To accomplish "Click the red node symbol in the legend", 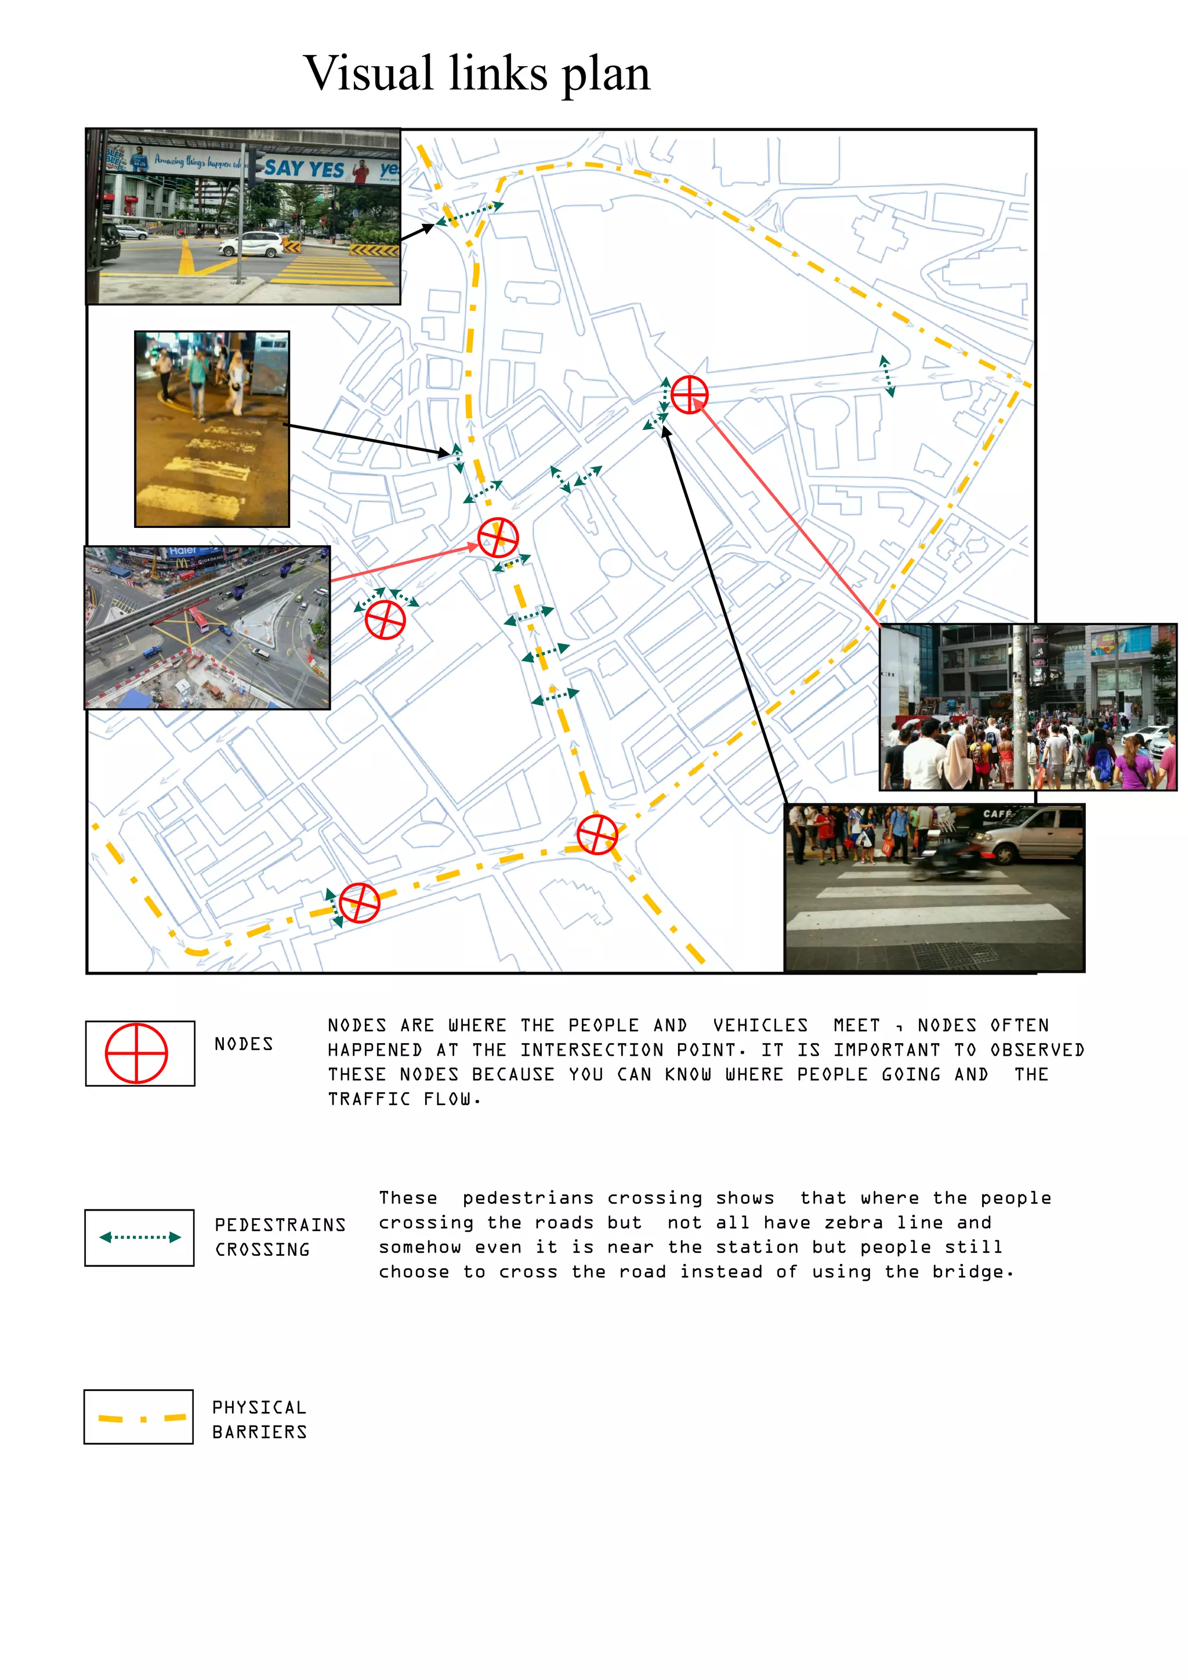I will click(137, 1053).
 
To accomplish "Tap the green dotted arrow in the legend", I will click(140, 1237).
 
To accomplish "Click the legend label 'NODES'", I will click(244, 1044).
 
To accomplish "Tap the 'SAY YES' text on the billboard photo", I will click(305, 169).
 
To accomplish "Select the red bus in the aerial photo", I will click(200, 621).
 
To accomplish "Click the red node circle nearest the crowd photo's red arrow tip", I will click(689, 394).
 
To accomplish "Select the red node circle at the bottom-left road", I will click(359, 902).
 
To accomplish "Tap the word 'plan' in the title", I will click(606, 75).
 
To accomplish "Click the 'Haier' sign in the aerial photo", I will click(182, 551).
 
